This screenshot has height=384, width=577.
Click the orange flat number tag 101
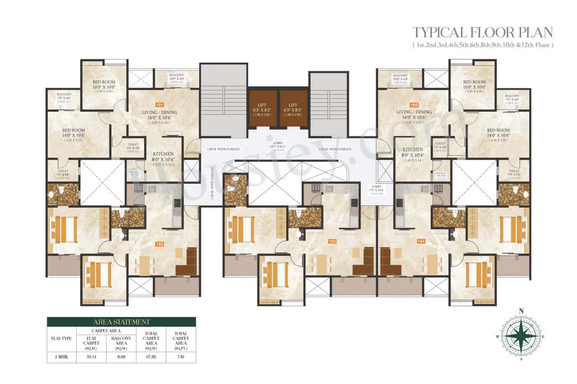point(159,104)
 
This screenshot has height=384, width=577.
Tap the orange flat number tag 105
point(414,104)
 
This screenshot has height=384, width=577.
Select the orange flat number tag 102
point(159,244)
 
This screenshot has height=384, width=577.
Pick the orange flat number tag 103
point(332,241)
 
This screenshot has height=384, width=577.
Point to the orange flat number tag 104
point(421,241)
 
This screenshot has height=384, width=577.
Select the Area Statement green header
point(121,322)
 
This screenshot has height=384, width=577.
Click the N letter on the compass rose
point(522,311)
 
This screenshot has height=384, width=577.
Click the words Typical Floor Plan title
point(483,33)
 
